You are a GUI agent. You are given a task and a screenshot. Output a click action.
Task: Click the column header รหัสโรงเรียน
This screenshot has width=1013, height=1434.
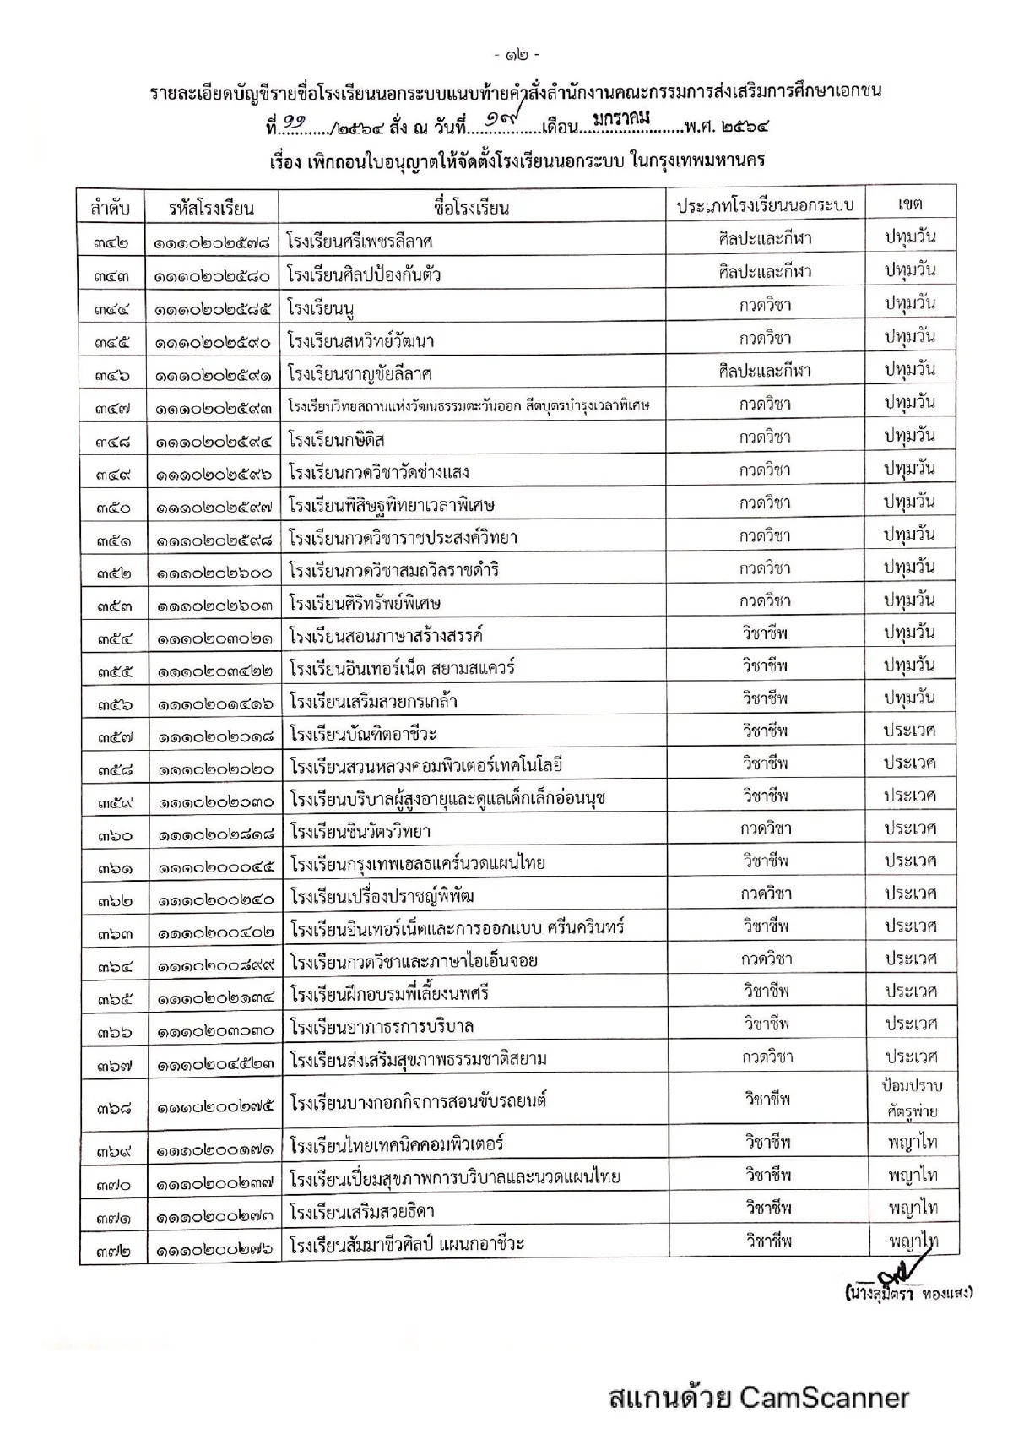211,207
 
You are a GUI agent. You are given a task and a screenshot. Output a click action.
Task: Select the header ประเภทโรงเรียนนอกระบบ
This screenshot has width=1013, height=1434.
765,205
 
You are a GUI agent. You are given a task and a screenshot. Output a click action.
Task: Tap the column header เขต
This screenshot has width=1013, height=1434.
910,204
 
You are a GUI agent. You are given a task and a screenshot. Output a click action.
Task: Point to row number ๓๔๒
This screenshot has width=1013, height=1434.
112,242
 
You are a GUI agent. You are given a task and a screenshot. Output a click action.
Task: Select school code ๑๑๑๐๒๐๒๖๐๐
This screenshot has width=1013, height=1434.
214,572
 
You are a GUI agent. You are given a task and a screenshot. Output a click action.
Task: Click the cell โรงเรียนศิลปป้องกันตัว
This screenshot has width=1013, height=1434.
364,275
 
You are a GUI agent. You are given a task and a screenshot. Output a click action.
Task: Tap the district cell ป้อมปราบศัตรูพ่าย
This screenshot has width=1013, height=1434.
911,1099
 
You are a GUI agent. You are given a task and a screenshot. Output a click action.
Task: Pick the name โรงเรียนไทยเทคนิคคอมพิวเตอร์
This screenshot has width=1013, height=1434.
396,1145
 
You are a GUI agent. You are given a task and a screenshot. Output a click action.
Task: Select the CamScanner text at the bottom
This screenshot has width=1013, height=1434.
757,1397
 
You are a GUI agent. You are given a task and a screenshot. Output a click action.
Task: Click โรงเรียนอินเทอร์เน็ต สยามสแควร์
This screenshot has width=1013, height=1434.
401,668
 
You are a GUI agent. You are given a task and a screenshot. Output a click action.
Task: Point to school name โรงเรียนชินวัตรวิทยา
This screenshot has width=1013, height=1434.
360,832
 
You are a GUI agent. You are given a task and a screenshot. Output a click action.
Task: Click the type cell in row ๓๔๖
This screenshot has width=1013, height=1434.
765,371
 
